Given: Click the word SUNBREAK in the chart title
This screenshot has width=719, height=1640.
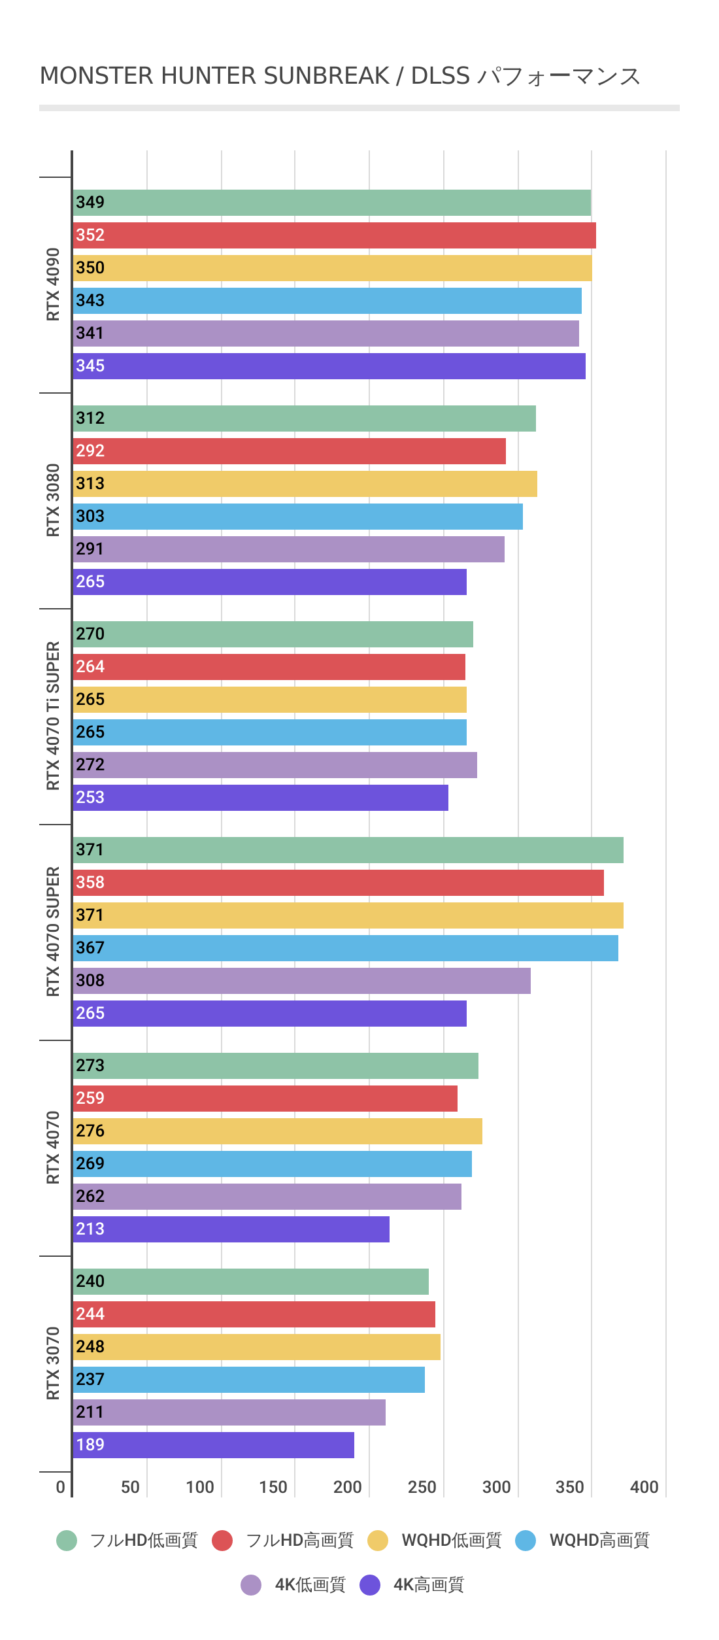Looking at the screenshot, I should point(326,77).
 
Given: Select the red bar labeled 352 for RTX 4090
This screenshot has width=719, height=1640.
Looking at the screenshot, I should point(334,235).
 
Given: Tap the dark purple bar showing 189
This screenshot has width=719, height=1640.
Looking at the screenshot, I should point(213,1445).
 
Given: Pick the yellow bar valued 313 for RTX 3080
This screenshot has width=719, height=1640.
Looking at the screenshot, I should point(305,484).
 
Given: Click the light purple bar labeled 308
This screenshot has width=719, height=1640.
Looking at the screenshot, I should point(301,981).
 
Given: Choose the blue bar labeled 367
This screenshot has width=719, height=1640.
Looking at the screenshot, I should point(345,948).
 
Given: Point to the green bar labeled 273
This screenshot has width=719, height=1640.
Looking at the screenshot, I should point(275,1066).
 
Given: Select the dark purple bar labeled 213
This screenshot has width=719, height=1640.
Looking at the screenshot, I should point(231,1229).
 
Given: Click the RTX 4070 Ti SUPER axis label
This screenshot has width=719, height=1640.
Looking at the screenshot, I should point(53,716).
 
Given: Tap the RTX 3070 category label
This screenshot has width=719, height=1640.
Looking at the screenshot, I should point(53,1363).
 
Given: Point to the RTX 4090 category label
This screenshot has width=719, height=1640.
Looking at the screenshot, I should point(53,284).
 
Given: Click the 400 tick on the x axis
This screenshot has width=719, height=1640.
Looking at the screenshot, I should point(644,1488).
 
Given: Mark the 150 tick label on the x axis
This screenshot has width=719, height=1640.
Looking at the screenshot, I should point(273,1488).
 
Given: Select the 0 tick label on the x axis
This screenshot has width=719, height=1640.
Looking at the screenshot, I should point(60,1488).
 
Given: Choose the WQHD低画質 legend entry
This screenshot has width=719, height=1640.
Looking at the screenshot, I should point(451,1541).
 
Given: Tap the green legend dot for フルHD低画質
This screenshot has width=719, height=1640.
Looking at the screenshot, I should point(67,1541).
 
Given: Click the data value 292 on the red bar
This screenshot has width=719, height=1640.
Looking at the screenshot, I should point(90,451).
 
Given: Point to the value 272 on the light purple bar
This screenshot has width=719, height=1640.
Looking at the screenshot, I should point(90,765).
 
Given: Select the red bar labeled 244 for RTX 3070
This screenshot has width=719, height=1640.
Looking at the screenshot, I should point(254,1314).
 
